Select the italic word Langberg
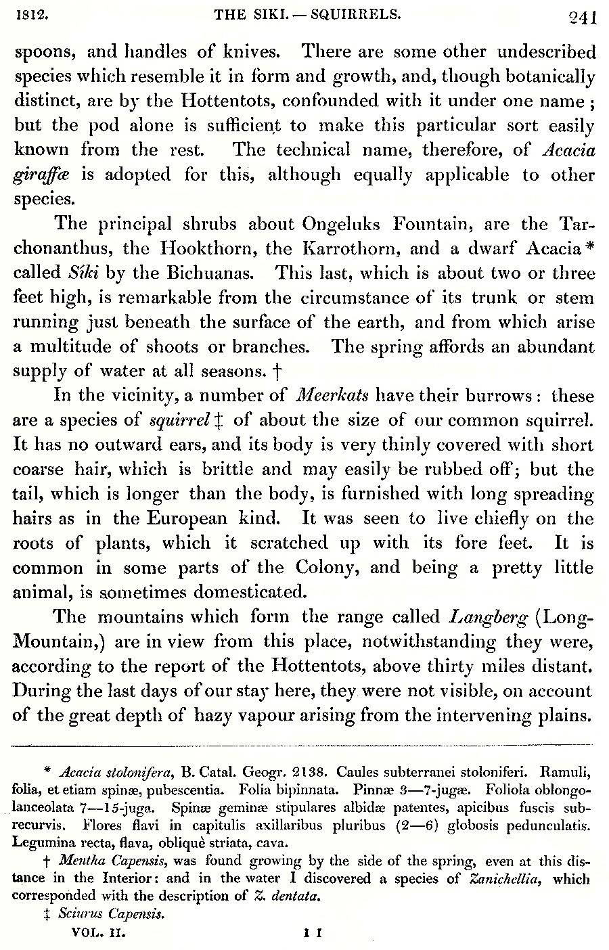tap(489, 617)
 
